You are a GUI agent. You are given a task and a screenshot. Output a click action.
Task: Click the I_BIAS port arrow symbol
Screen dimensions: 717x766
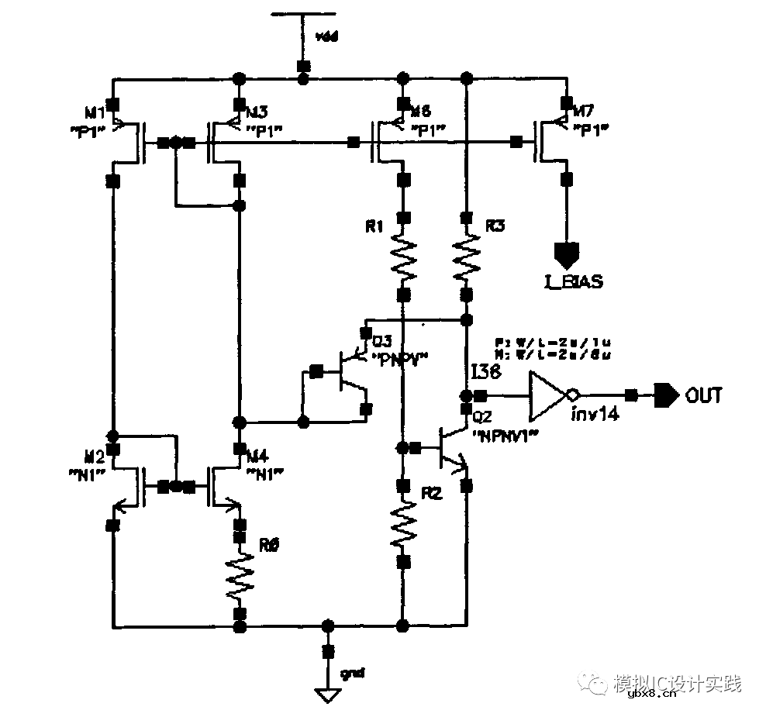(566, 253)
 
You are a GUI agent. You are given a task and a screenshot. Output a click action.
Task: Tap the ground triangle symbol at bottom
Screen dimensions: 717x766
(328, 695)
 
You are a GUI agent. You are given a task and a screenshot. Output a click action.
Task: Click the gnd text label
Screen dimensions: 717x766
(352, 670)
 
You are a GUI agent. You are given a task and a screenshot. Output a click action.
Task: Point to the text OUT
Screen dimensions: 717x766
(704, 395)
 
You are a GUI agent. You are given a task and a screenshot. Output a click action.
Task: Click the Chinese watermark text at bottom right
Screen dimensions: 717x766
(677, 683)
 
